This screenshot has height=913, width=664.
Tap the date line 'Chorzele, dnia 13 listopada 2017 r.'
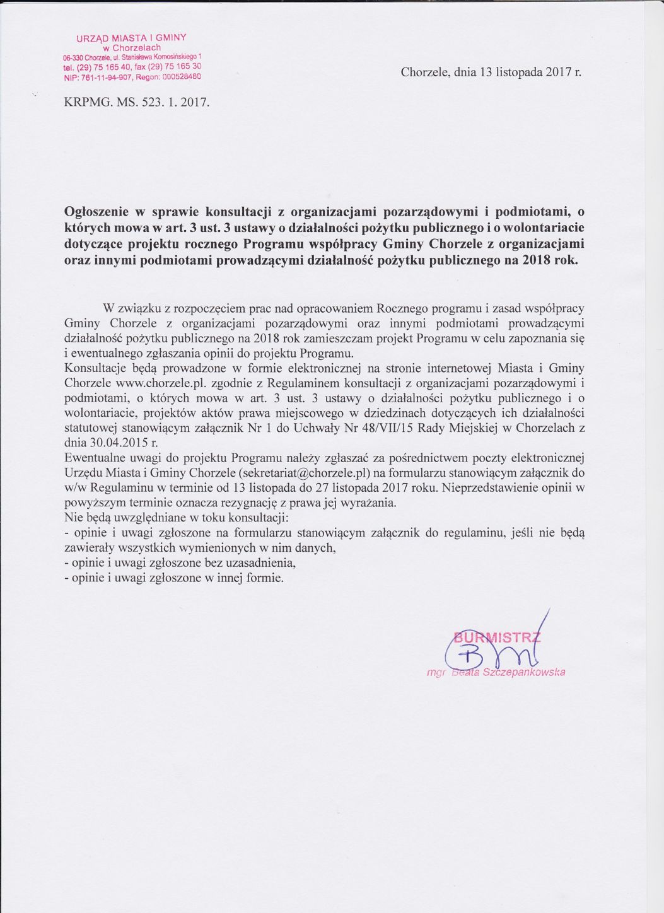[x=491, y=72]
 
